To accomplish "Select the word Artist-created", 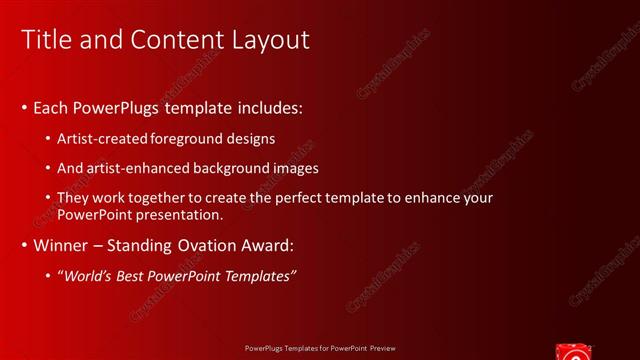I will [x=104, y=139].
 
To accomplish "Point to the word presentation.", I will [x=178, y=214].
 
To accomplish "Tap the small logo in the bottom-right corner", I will [x=574, y=350].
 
